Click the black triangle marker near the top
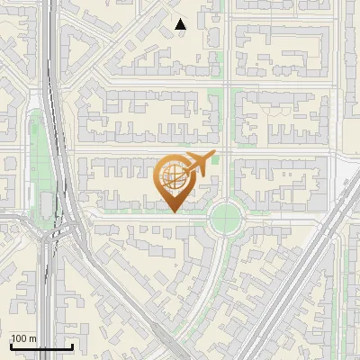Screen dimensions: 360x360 (181, 24)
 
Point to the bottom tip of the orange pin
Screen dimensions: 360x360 (172, 211)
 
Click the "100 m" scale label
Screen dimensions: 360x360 (23, 338)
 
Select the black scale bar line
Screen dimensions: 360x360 (41, 347)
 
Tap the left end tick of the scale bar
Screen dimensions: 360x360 (11, 346)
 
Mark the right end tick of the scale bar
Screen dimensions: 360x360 (72, 346)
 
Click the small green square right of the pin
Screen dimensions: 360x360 (214, 160)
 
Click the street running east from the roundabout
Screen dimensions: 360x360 (288, 214)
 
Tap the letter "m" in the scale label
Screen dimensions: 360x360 (32, 338)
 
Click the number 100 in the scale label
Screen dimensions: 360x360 (19, 338)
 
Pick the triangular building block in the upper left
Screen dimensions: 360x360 (76, 45)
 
